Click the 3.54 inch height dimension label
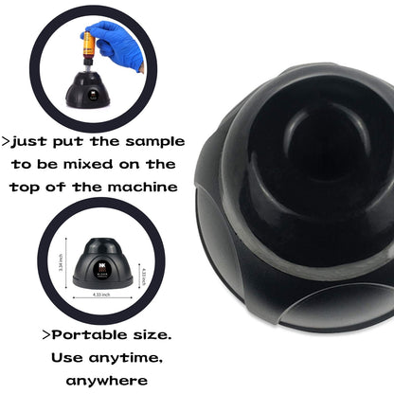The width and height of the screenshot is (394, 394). pyautogui.click(x=62, y=270)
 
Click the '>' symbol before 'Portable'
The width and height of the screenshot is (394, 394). pyautogui.click(x=46, y=335)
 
